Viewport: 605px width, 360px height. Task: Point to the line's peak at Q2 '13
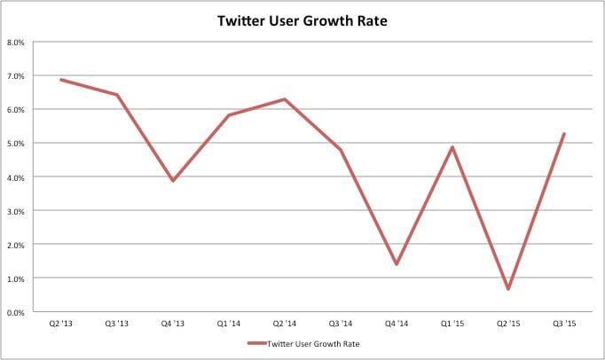click(60, 80)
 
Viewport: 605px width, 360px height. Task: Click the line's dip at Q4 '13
click(173, 181)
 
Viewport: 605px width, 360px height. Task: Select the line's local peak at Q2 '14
click(285, 99)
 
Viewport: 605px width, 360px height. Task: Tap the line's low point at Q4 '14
click(397, 264)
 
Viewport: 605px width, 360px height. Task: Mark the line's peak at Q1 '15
click(452, 147)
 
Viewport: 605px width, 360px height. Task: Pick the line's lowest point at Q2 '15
click(508, 289)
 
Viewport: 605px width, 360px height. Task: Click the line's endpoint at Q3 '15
click(564, 134)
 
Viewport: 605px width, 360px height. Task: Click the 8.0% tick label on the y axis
click(16, 42)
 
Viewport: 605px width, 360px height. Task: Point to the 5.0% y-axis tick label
click(16, 143)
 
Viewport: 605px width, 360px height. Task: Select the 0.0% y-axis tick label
click(16, 312)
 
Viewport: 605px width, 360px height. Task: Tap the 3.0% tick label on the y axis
click(16, 211)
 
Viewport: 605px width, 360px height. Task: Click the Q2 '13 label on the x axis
click(60, 325)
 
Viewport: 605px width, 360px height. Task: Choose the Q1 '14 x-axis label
click(229, 325)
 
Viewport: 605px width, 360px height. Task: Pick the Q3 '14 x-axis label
click(341, 325)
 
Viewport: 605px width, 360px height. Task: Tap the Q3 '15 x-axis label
click(564, 325)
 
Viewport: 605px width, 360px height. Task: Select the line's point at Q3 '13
click(117, 95)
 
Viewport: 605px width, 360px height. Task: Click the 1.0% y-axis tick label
click(16, 278)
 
